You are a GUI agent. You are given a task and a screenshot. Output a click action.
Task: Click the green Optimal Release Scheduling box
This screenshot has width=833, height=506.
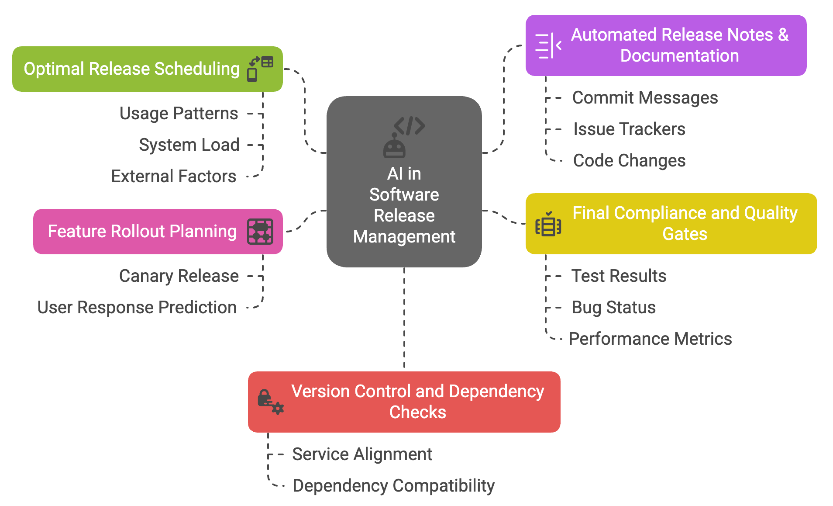pyautogui.click(x=131, y=69)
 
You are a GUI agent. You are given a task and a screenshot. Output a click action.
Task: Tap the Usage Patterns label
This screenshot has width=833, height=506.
pyautogui.click(x=179, y=114)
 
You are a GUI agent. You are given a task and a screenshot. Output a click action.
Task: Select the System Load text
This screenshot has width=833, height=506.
pyautogui.click(x=189, y=145)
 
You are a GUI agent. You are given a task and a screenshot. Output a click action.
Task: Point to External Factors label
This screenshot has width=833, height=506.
pyautogui.click(x=173, y=177)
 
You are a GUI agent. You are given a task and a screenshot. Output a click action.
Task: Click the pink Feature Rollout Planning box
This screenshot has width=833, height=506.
pyautogui.click(x=142, y=232)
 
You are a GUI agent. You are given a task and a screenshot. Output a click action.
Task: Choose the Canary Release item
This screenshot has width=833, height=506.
pyautogui.click(x=179, y=276)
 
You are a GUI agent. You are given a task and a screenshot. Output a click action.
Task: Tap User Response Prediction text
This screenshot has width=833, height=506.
pyautogui.click(x=137, y=308)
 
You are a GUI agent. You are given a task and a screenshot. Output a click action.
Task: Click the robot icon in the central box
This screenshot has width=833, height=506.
pyautogui.click(x=394, y=146)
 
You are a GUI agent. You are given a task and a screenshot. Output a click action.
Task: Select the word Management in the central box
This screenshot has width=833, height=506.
pyautogui.click(x=404, y=237)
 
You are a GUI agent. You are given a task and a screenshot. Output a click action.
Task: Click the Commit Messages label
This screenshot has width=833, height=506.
pyautogui.click(x=645, y=98)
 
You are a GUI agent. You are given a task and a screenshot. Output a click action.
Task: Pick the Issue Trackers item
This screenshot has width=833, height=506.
pyautogui.click(x=629, y=129)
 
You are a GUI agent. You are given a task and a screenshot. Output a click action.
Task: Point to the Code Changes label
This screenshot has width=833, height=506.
pyautogui.click(x=629, y=161)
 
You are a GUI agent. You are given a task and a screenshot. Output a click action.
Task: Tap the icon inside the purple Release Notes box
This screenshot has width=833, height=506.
pyautogui.click(x=548, y=45)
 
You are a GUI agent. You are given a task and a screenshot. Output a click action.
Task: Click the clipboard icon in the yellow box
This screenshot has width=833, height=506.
pyautogui.click(x=548, y=225)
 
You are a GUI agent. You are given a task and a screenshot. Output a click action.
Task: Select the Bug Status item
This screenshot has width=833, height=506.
pyautogui.click(x=613, y=308)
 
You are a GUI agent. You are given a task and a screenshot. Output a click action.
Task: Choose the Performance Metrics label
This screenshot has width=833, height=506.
pyautogui.click(x=650, y=339)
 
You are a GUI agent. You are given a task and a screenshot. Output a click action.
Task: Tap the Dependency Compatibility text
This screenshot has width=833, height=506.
pyautogui.click(x=393, y=486)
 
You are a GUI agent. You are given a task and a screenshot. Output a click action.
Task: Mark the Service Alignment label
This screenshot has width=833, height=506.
pyautogui.click(x=362, y=454)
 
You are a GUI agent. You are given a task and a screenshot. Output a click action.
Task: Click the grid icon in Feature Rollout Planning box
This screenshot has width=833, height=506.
pyautogui.click(x=260, y=232)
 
